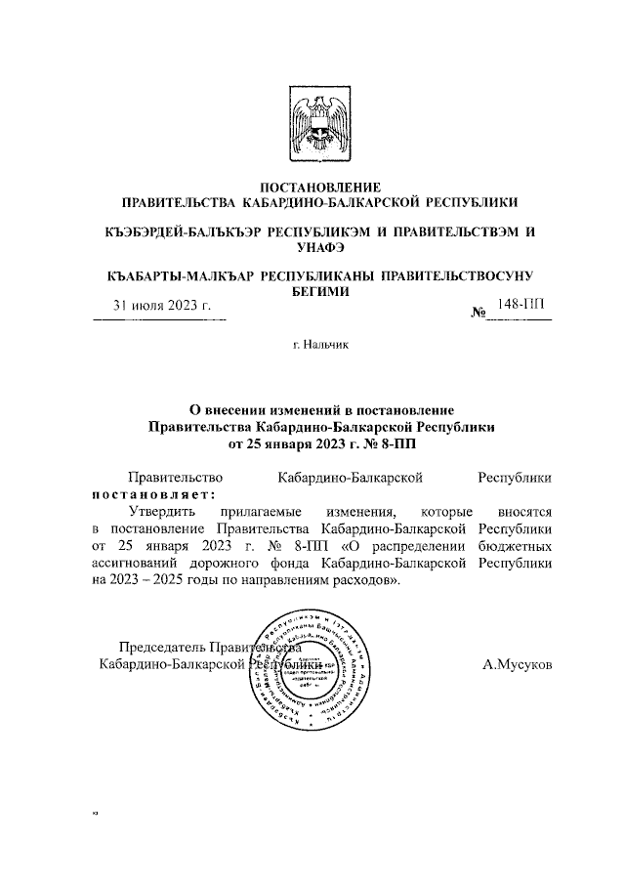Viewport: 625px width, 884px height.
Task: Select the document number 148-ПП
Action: [520, 305]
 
